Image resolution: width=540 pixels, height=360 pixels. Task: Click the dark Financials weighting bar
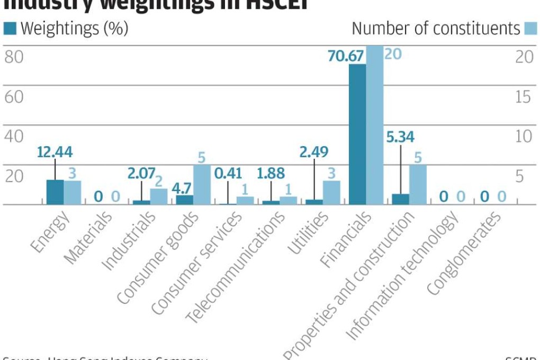coord(357,134)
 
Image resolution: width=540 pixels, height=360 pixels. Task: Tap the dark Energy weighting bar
coord(55,192)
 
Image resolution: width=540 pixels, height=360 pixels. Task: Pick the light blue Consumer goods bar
coord(202,185)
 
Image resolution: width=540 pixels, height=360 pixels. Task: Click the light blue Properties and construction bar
coord(418,185)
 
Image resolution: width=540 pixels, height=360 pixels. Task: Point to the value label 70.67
coord(347,55)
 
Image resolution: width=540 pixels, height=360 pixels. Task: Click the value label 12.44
coord(55,152)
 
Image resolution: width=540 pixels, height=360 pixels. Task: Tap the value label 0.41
coord(228,173)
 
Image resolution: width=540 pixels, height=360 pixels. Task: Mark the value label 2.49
coord(314,152)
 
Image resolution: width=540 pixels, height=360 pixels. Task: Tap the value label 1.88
coord(271,173)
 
